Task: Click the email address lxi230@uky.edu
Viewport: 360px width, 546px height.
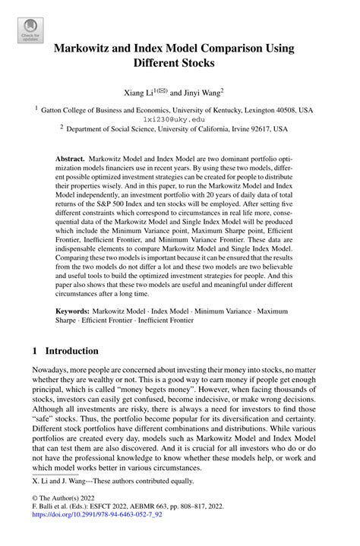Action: click(174, 119)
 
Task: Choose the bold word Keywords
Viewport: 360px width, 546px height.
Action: click(74, 311)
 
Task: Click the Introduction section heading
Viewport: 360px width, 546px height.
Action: click(72, 351)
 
